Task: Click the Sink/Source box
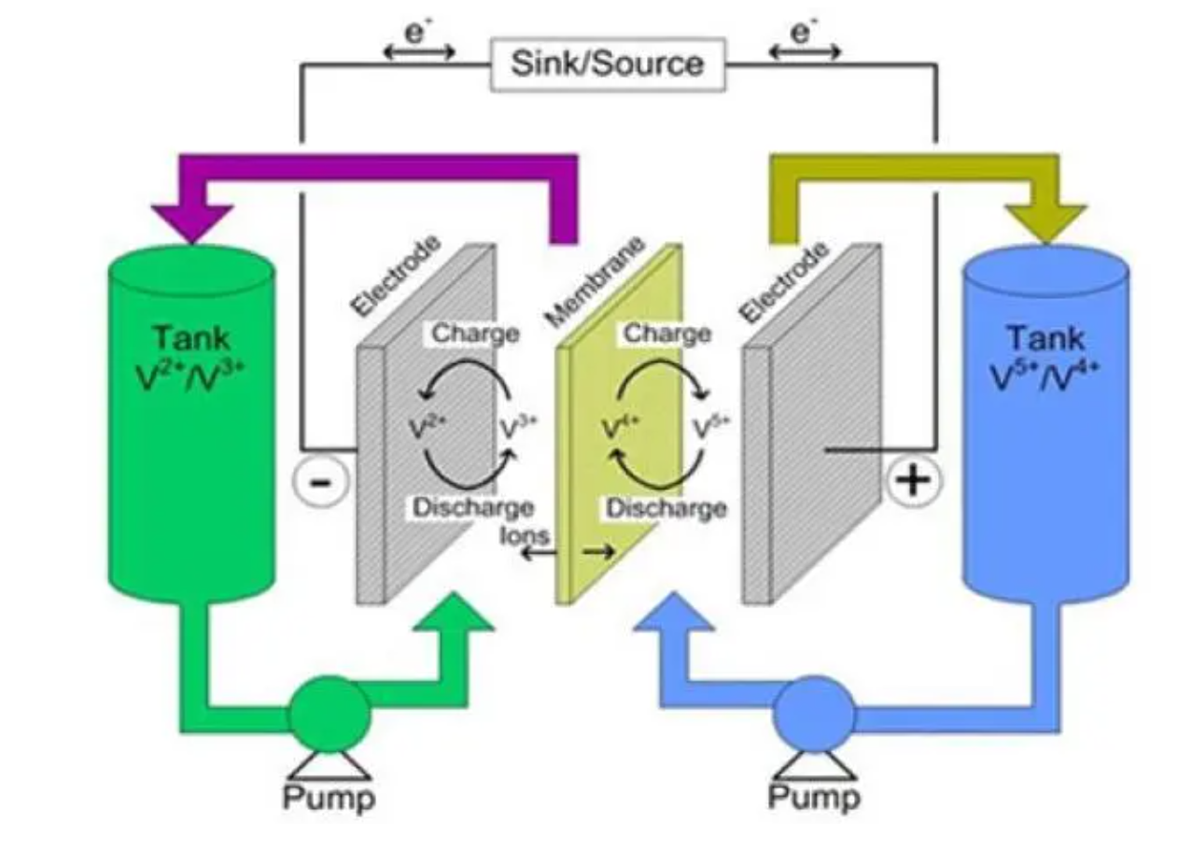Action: pos(608,64)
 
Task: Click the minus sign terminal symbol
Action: pos(319,482)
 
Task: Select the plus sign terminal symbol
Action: pos(914,480)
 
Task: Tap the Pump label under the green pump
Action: pos(329,799)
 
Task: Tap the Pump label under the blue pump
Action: pos(814,799)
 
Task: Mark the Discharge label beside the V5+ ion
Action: pos(666,508)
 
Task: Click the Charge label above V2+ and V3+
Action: pos(475,333)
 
